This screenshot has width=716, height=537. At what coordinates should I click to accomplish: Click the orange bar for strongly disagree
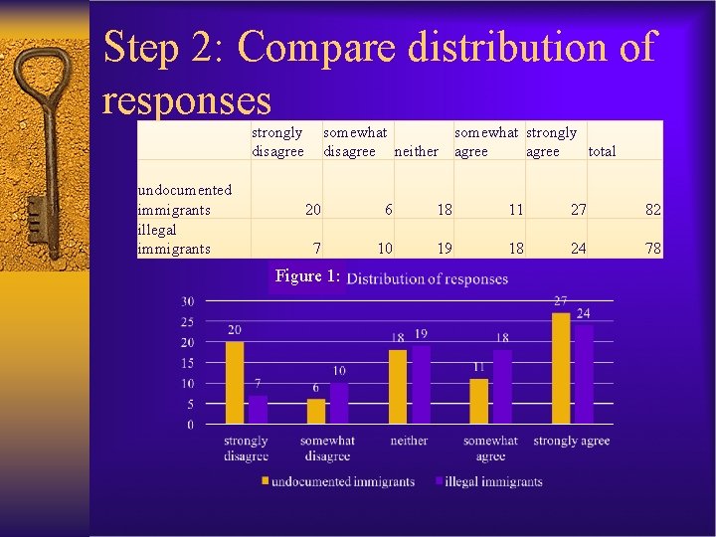click(235, 384)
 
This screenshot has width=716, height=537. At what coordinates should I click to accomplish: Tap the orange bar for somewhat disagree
click(316, 412)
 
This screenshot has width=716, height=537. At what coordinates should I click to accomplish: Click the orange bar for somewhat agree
click(479, 402)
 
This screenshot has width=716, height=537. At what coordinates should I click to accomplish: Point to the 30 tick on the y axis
click(187, 301)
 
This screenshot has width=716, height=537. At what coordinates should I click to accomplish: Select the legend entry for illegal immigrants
click(489, 481)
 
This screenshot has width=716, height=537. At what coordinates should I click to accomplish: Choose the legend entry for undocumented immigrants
click(337, 481)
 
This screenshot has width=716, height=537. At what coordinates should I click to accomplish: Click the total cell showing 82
click(652, 210)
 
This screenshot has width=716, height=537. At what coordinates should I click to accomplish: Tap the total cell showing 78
click(652, 249)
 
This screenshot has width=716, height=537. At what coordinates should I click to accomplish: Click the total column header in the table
click(602, 152)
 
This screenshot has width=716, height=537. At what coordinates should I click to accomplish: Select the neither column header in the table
click(416, 152)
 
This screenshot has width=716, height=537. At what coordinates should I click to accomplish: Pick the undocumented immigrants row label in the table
click(185, 200)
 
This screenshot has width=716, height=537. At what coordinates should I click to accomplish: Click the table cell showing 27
click(578, 210)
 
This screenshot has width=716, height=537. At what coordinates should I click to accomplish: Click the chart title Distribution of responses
click(428, 278)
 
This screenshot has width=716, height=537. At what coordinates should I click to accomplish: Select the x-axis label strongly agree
click(572, 441)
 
